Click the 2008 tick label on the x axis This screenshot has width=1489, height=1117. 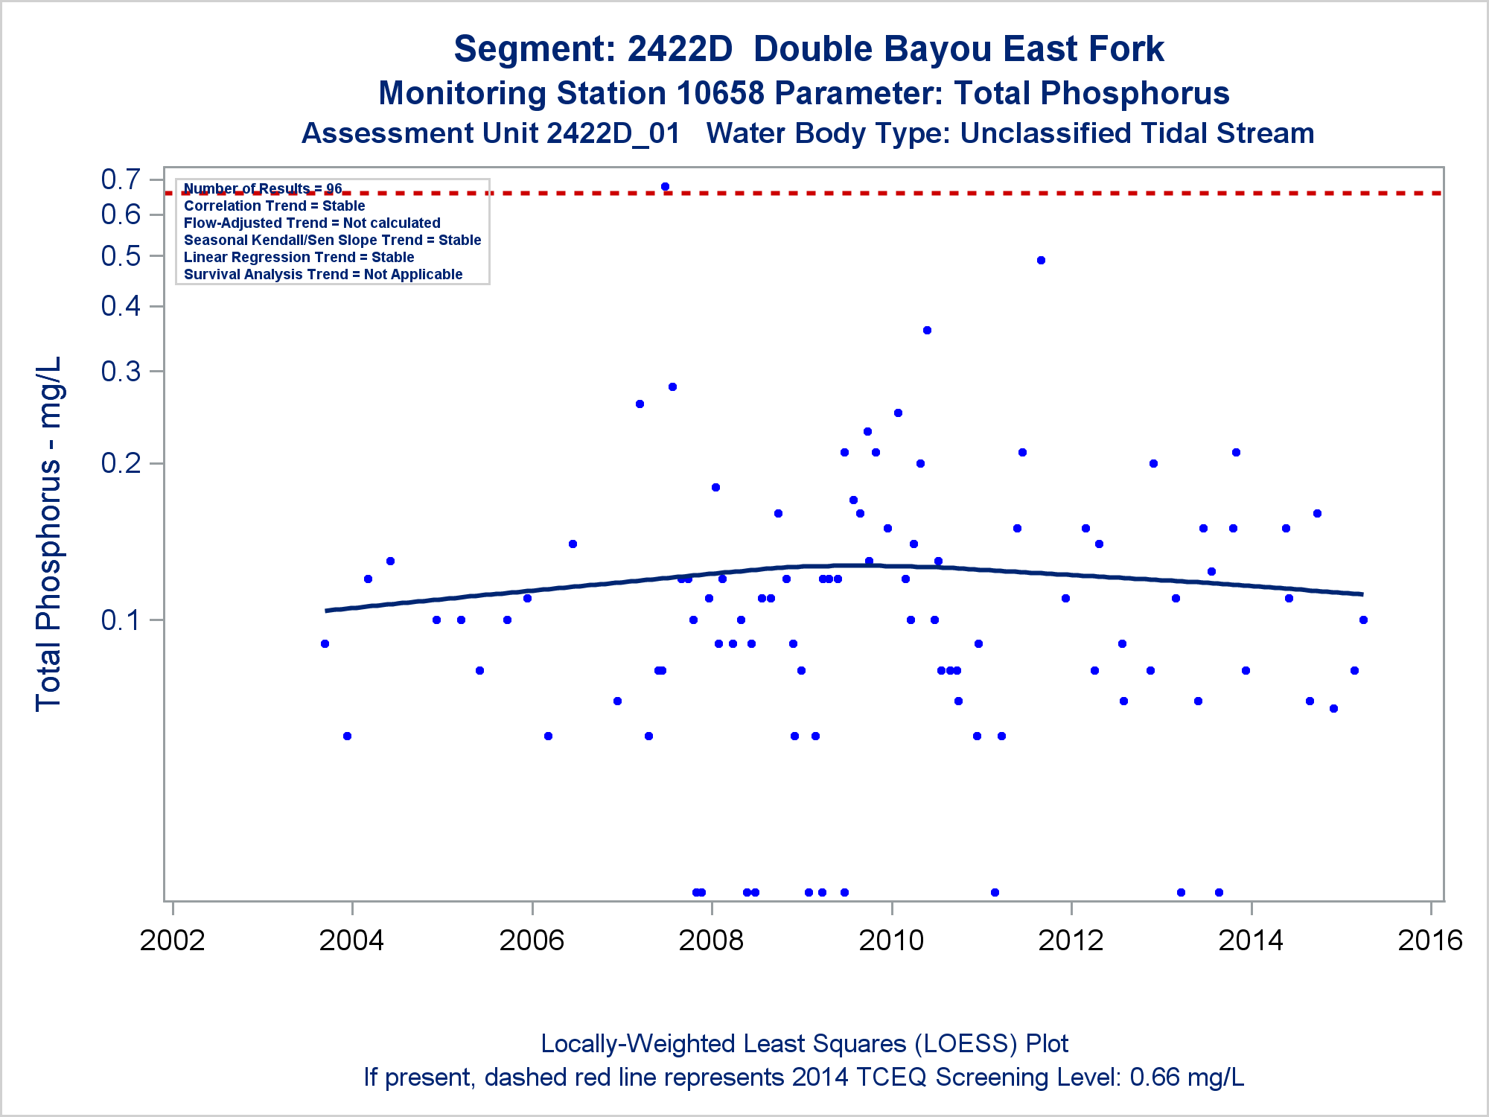tap(711, 941)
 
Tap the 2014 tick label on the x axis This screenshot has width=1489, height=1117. tap(1251, 941)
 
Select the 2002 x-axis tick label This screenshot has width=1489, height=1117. tap(172, 941)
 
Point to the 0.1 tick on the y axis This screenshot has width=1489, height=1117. tap(121, 620)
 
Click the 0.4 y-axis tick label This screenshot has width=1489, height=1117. tap(121, 305)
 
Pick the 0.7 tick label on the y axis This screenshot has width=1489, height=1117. tap(121, 179)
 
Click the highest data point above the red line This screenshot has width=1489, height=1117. tap(665, 187)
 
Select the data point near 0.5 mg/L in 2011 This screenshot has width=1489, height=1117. tap(1041, 260)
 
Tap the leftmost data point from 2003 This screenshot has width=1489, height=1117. tap(325, 643)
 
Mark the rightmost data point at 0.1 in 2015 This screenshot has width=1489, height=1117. tap(1363, 620)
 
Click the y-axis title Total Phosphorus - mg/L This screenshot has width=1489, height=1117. tap(48, 533)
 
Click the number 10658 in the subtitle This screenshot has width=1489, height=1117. tap(720, 93)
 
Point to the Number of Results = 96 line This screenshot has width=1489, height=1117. tap(263, 188)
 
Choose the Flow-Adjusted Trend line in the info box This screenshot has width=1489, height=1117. tap(312, 223)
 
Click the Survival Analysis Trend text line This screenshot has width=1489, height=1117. tap(323, 274)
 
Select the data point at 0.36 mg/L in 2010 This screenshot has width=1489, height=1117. tap(927, 330)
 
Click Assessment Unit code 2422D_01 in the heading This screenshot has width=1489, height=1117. tap(613, 133)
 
